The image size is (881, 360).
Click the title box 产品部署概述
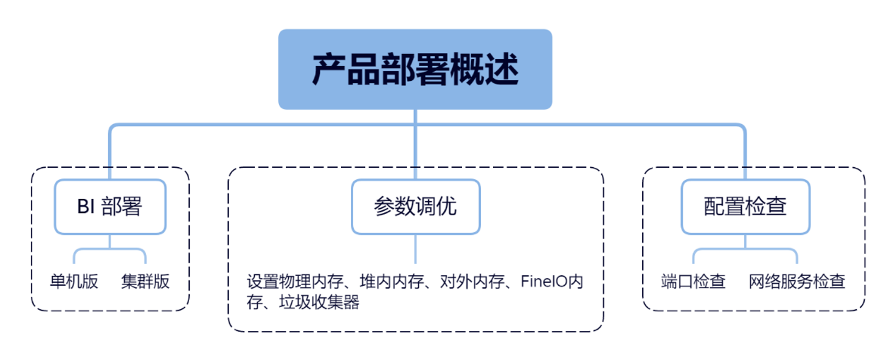(415, 69)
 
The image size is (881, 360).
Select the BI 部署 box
(110, 207)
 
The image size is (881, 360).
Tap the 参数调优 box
(415, 207)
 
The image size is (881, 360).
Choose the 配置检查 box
(745, 207)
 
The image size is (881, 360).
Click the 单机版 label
(74, 282)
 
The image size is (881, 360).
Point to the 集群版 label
(145, 282)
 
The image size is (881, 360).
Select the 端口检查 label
(693, 282)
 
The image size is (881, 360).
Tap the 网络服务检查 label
(797, 282)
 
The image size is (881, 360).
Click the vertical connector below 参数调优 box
(415, 249)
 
